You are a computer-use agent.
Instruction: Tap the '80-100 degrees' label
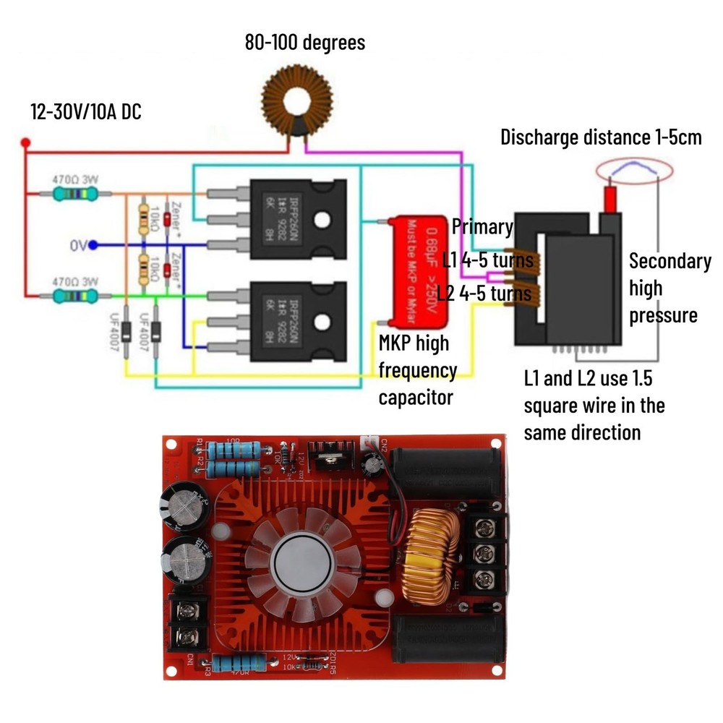click(304, 43)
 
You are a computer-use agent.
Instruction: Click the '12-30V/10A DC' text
click(85, 112)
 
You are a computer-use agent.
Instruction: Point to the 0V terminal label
click(78, 246)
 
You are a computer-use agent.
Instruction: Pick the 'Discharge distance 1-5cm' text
click(601, 137)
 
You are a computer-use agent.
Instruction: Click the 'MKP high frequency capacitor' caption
click(418, 370)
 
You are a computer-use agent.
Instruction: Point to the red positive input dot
click(25, 142)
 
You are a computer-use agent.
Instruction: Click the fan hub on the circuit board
click(300, 565)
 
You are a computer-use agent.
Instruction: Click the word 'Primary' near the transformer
click(482, 226)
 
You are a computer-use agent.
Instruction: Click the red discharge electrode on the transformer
click(611, 198)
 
